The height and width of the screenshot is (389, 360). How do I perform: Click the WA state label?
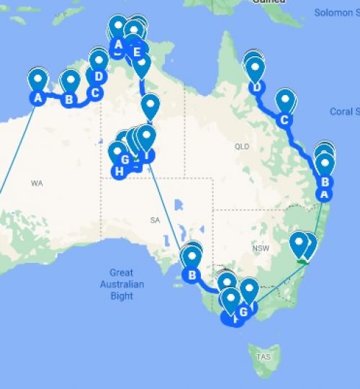tap(37, 184)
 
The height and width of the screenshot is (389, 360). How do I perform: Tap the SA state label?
tap(153, 220)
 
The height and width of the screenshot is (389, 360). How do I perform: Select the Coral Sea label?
tap(342, 112)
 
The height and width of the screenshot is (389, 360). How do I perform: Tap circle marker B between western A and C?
tap(69, 99)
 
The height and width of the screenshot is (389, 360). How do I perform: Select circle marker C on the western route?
tap(94, 92)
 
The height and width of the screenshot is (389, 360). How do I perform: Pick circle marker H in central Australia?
tap(118, 171)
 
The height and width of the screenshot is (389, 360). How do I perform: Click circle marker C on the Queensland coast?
tap(286, 120)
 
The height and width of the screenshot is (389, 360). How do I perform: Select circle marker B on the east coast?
tap(325, 182)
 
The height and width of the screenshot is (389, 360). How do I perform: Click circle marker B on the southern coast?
tap(192, 274)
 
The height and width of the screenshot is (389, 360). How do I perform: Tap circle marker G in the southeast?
tap(243, 311)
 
